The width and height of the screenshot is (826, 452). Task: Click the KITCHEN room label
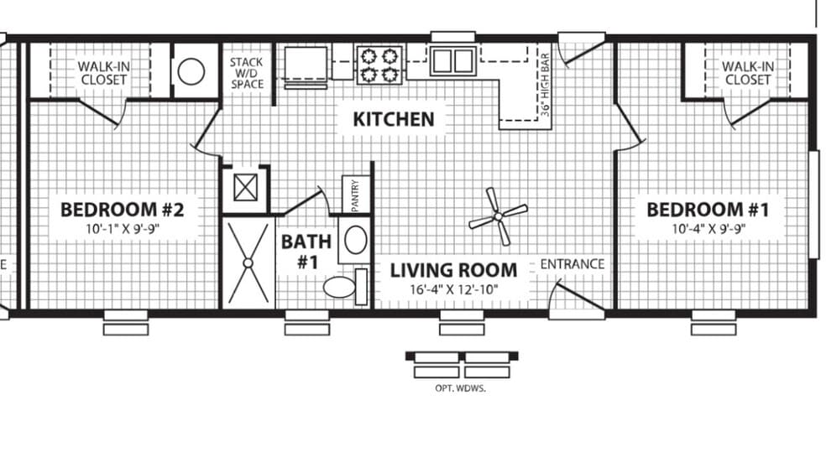click(x=394, y=119)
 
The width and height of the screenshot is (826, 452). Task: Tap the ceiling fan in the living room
click(x=498, y=216)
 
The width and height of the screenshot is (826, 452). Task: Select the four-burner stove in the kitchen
click(x=379, y=65)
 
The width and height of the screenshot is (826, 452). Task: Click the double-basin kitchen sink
click(x=453, y=61)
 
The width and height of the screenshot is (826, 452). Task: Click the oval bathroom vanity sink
click(x=356, y=240)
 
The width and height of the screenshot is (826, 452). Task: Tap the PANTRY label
click(x=355, y=195)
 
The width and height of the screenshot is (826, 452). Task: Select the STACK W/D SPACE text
click(x=247, y=73)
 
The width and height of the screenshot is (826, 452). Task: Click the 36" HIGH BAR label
click(x=546, y=84)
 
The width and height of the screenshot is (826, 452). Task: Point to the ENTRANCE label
click(x=572, y=263)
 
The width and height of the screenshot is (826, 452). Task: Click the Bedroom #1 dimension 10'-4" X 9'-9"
click(x=708, y=229)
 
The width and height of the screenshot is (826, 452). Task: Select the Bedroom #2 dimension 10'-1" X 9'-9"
click(x=123, y=229)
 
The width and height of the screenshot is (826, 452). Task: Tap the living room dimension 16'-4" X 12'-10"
click(x=453, y=290)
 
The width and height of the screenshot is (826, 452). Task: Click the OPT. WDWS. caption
click(x=460, y=389)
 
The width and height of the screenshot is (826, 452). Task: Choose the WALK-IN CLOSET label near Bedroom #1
click(x=747, y=73)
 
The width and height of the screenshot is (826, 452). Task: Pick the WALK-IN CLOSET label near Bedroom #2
click(x=104, y=73)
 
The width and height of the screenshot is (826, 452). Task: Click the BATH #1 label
click(x=306, y=251)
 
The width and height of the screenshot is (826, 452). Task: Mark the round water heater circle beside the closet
click(x=191, y=71)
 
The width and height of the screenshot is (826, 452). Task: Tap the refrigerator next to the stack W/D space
click(x=306, y=65)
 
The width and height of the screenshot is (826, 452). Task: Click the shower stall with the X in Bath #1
click(x=248, y=262)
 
